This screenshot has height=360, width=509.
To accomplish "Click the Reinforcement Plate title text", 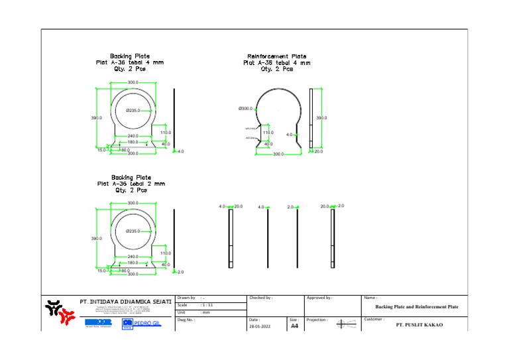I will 276,56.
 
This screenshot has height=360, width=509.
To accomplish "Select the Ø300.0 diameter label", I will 245,109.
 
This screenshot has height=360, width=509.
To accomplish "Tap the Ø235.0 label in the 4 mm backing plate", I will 133,111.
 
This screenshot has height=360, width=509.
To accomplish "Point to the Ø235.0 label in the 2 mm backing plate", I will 133,231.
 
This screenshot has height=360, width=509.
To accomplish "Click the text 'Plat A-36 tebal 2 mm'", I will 131,184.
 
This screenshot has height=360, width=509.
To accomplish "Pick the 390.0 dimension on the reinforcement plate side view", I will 321,118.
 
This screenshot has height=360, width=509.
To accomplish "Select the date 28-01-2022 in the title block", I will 259,326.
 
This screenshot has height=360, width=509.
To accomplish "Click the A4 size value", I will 294,326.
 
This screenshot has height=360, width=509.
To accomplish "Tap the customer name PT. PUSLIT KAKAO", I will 419,325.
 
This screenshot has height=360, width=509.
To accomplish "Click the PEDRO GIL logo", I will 141,323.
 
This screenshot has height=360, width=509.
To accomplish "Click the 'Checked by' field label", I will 260,298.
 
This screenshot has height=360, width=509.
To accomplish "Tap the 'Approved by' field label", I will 319,298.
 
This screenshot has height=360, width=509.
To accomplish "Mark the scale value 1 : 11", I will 207,305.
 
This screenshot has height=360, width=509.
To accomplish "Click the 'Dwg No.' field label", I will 186,320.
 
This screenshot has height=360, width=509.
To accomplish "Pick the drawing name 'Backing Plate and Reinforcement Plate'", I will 417,307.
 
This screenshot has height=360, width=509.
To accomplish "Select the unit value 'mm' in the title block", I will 206,312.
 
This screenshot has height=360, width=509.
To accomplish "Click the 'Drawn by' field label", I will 188,298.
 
